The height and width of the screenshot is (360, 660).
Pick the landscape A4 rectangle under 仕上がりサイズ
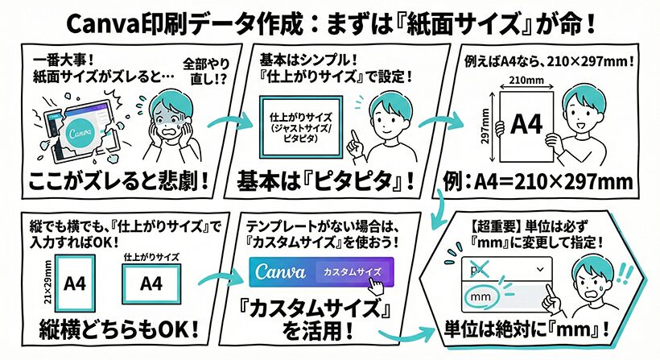[x=151, y=284]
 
